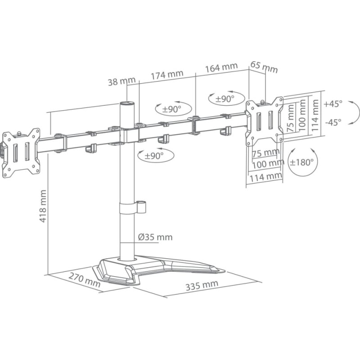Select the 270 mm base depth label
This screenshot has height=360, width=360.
pyautogui.click(x=85, y=280)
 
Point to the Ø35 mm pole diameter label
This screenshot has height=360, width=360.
pyautogui.click(x=155, y=237)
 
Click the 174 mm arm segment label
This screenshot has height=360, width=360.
pyautogui.click(x=167, y=75)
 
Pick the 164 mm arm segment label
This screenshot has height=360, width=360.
pyautogui.click(x=221, y=67)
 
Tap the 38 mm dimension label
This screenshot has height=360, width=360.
pyautogui.click(x=121, y=81)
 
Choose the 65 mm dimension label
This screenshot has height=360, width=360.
pyautogui.click(x=264, y=67)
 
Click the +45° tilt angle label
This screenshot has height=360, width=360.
pyautogui.click(x=333, y=103)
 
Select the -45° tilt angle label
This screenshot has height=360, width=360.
pyautogui.click(x=333, y=122)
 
